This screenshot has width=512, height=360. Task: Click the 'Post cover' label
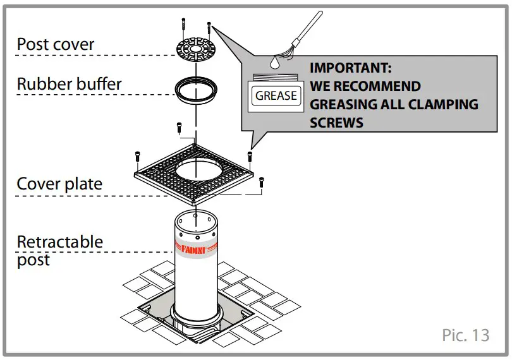[x=55, y=45]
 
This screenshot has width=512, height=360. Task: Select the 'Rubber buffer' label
[x=69, y=84]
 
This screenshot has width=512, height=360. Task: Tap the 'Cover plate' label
[x=59, y=184]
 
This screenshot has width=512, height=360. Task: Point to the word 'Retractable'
[x=59, y=242]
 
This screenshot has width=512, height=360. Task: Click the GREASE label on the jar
[x=276, y=96]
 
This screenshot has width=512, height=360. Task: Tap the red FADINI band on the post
[x=197, y=248]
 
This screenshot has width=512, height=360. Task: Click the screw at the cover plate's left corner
[x=137, y=157]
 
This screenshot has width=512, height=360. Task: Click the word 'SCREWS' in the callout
[x=336, y=122]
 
